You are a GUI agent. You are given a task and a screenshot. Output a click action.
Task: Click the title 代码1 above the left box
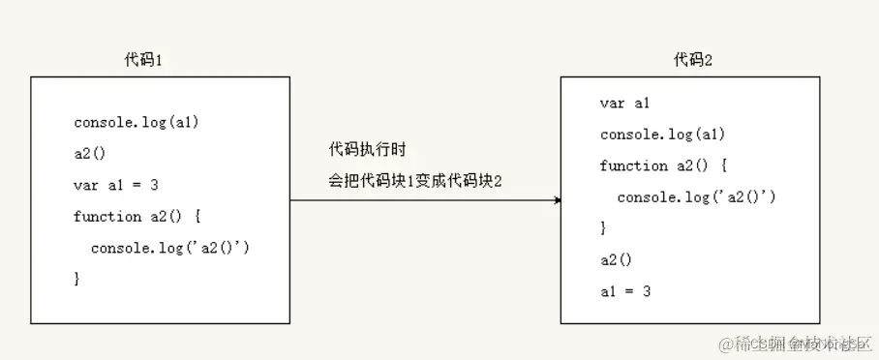click(143, 60)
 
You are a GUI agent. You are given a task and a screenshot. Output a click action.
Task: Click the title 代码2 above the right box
click(693, 60)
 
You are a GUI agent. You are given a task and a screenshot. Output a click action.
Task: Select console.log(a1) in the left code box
click(136, 123)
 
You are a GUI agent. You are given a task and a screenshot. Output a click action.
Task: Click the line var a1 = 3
click(115, 185)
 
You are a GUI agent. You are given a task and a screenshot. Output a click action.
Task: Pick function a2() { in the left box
click(136, 216)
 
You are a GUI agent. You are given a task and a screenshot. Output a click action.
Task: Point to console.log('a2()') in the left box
click(170, 248)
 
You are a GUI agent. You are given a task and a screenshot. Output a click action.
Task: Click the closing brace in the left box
click(76, 279)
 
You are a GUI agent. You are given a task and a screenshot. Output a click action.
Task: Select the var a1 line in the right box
click(624, 104)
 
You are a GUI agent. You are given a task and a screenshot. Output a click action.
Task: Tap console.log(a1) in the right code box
click(662, 135)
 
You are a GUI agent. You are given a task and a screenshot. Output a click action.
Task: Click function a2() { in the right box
click(662, 165)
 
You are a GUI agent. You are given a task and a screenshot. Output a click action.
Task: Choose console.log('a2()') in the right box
click(696, 197)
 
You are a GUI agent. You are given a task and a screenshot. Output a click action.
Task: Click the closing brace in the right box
click(603, 228)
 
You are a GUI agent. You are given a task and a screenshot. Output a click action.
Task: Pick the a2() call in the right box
click(616, 259)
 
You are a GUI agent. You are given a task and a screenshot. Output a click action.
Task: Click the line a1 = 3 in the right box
click(624, 290)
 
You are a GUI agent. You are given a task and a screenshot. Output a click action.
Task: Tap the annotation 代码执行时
click(367, 150)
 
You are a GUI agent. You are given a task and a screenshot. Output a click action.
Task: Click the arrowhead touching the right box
click(557, 200)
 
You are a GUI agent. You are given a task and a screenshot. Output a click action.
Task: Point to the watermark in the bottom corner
click(794, 344)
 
